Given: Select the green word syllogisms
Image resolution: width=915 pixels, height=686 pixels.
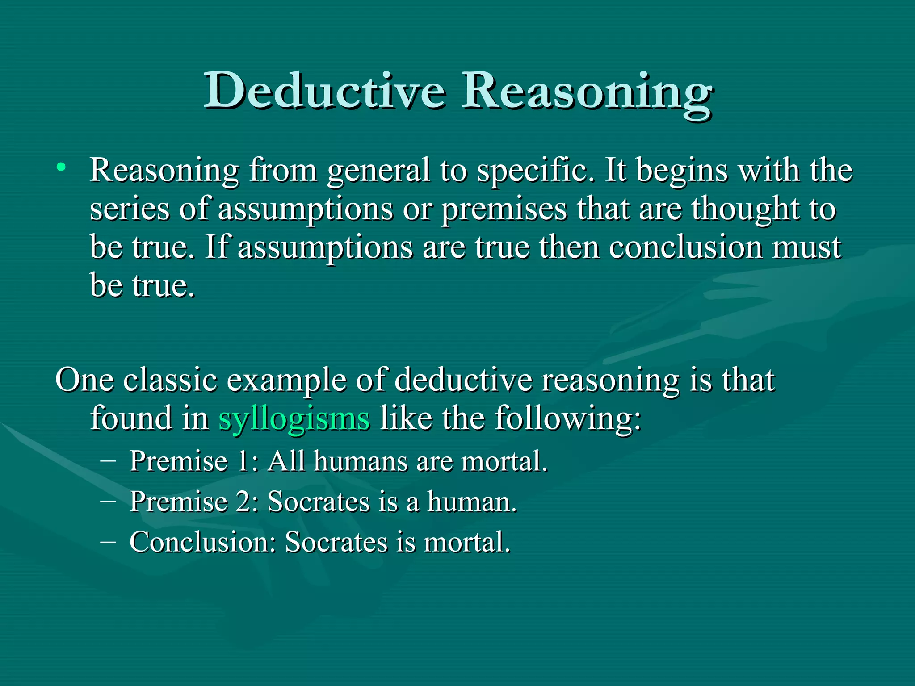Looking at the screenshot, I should [x=294, y=419].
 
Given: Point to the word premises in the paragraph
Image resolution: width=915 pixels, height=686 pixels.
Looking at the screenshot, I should [x=504, y=209].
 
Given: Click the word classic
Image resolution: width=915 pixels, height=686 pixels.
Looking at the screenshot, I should [x=170, y=380].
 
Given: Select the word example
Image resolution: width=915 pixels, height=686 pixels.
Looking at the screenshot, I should [x=286, y=381].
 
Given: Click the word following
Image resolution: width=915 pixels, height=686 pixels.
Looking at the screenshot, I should [x=567, y=419].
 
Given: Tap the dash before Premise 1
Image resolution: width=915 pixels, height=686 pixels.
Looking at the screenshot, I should [x=108, y=460].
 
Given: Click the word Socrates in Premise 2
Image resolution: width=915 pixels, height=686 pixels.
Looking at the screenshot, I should [x=319, y=501].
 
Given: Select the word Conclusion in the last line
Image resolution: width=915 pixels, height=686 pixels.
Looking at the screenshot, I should [x=202, y=542].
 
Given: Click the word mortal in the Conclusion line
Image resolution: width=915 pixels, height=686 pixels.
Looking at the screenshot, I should [x=466, y=542].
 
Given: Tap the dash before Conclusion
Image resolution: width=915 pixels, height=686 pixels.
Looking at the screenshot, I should [x=108, y=541].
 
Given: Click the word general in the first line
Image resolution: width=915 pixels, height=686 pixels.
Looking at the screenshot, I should [x=378, y=171].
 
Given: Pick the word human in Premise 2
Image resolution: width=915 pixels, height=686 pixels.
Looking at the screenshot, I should [x=471, y=501].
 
